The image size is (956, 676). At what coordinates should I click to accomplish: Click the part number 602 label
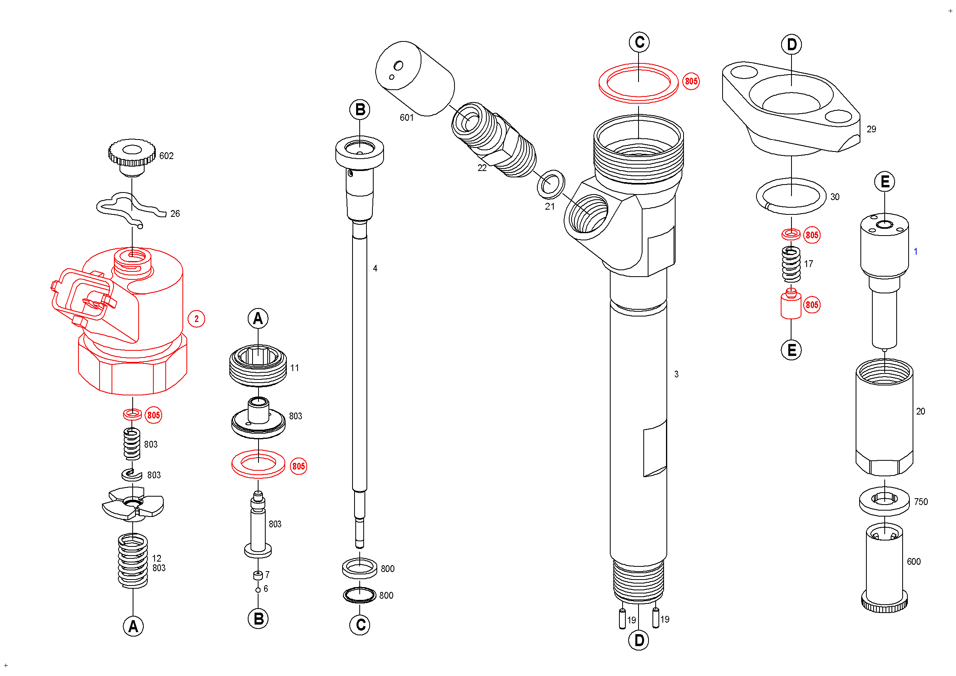(166, 156)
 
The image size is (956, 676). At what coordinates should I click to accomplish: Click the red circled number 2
(196, 319)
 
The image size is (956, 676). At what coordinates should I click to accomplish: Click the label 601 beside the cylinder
(406, 118)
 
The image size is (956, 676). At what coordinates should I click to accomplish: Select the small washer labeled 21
(551, 184)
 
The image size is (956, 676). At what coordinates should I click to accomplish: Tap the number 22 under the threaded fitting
(482, 168)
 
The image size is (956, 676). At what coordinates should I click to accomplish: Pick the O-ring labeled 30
(791, 196)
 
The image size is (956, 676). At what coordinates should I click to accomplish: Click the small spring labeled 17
(791, 264)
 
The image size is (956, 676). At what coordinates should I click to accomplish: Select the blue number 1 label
(916, 252)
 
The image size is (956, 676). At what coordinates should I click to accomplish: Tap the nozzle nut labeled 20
(884, 417)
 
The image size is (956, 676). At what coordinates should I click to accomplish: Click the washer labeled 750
(884, 501)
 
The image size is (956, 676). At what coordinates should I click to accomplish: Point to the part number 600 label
(913, 562)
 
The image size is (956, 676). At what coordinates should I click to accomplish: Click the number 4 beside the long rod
(375, 269)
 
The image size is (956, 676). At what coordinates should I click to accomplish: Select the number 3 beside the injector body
(676, 374)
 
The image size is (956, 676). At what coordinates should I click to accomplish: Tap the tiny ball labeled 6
(258, 590)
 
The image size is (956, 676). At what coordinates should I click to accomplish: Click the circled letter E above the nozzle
(885, 182)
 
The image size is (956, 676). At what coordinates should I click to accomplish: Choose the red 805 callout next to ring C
(691, 81)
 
